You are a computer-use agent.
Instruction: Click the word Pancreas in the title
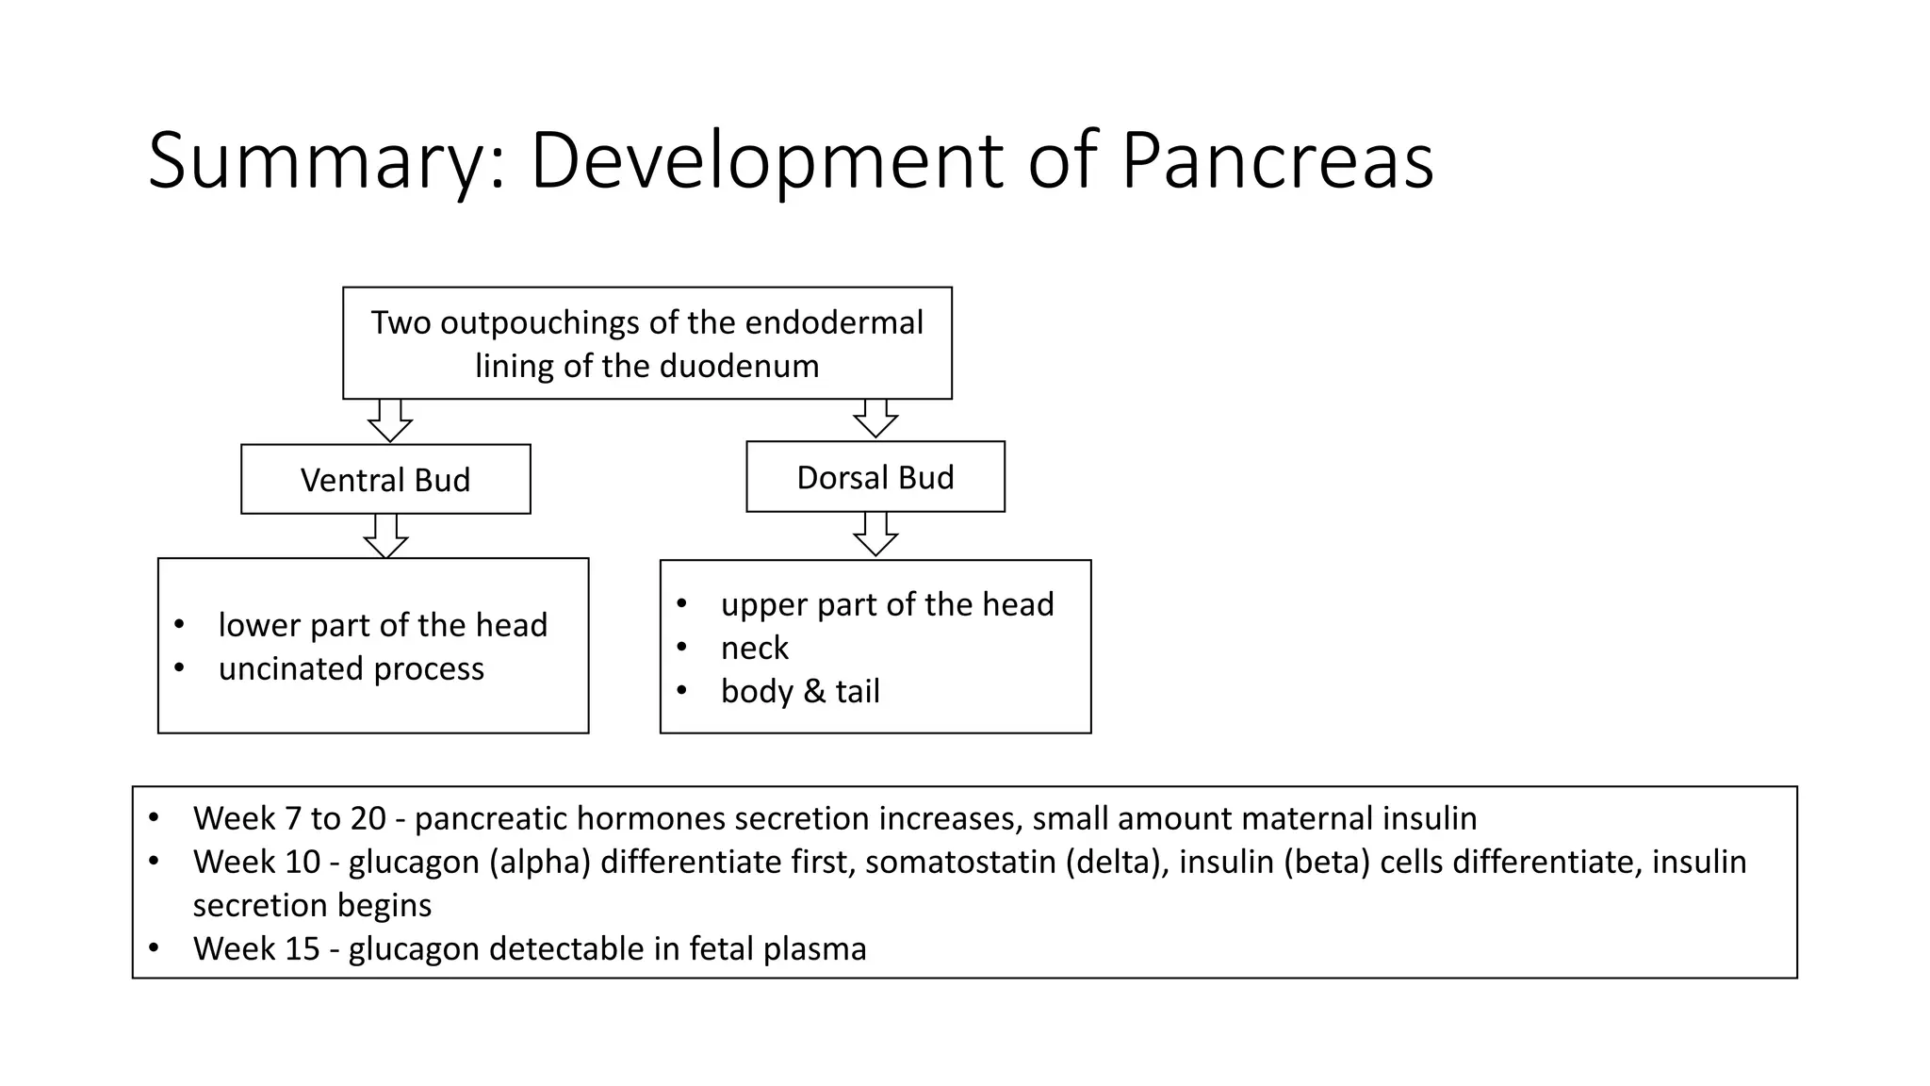(x=1277, y=160)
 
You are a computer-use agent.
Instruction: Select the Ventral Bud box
(x=385, y=480)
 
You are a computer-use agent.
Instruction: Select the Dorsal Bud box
(x=875, y=477)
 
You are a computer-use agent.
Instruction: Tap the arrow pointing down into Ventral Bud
(x=389, y=421)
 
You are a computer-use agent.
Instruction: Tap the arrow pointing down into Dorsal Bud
(x=875, y=419)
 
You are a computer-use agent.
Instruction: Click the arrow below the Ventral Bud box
(x=385, y=536)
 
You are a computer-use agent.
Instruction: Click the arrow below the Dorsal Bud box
(x=875, y=535)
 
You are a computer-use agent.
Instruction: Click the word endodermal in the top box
(x=834, y=322)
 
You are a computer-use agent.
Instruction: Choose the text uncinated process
(x=351, y=668)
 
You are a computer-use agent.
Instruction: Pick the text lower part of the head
(x=382, y=625)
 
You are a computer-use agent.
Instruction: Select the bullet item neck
(x=754, y=648)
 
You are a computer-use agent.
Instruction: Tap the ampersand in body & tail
(x=812, y=691)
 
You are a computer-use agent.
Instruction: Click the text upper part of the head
(x=887, y=604)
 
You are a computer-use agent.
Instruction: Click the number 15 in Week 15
(x=302, y=948)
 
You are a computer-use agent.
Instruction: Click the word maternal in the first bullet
(x=1307, y=818)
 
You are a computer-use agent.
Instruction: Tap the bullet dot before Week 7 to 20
(x=154, y=816)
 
